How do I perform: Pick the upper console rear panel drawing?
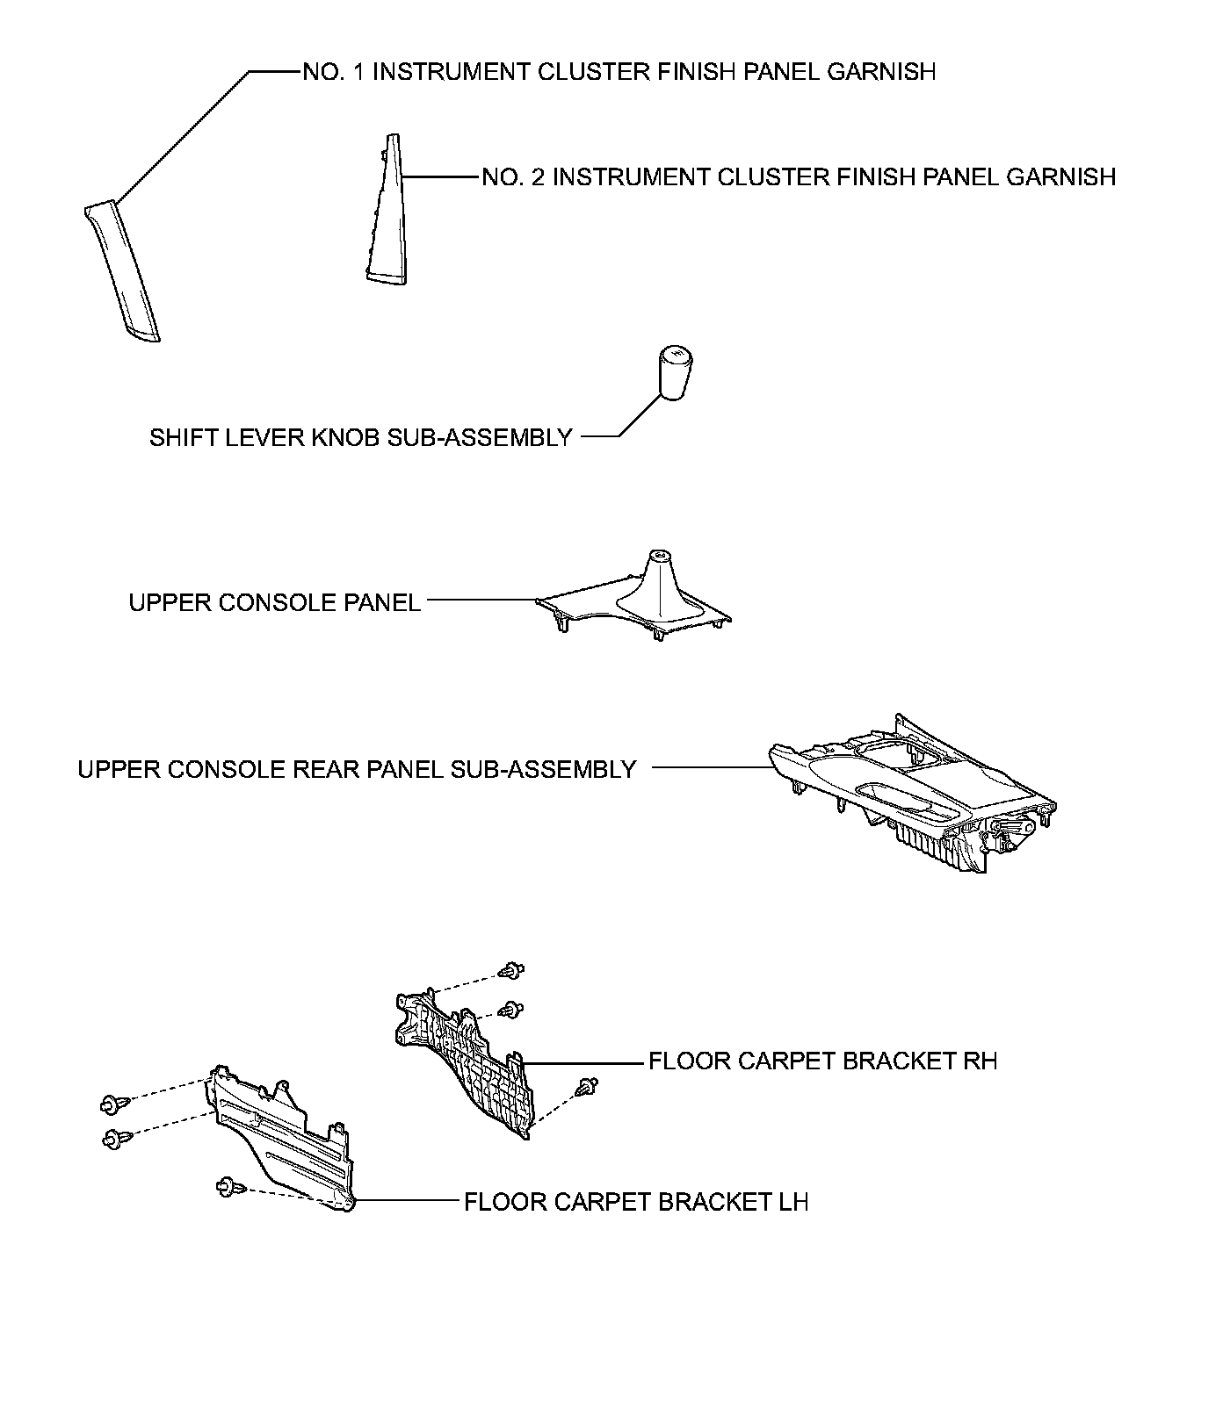[914, 791]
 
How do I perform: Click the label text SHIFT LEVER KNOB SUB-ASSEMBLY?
[360, 437]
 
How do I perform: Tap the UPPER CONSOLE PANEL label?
[274, 603]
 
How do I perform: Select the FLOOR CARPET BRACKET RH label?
[822, 1061]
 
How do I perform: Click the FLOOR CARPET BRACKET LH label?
[635, 1201]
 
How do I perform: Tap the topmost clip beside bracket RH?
[511, 971]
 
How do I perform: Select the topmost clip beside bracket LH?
[112, 1103]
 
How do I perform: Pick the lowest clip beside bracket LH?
[228, 1187]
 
